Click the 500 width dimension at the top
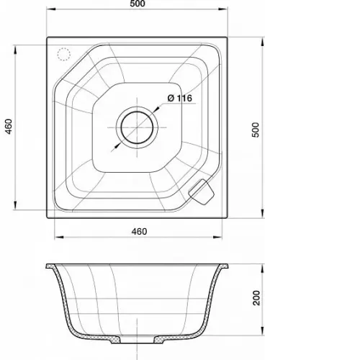(138, 4)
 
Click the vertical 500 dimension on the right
(256, 130)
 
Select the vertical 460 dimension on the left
(9, 127)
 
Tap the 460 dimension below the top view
(139, 232)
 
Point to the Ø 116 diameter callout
(180, 98)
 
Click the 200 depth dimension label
(256, 298)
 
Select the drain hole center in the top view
(137, 127)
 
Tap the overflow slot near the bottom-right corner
(201, 192)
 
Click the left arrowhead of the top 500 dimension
(51, 9)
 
